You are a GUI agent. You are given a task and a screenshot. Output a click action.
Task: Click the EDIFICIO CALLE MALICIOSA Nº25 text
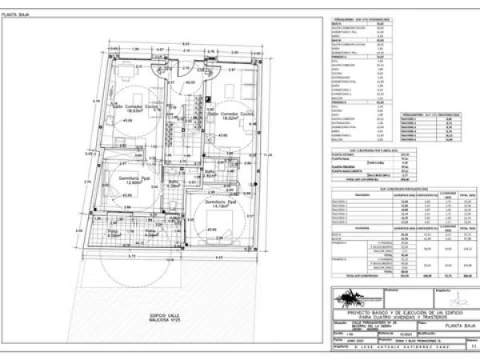(x=154, y=318)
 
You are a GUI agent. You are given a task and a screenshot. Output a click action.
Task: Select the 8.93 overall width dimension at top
(x=184, y=43)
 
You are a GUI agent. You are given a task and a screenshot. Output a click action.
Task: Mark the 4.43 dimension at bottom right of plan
(x=219, y=257)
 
